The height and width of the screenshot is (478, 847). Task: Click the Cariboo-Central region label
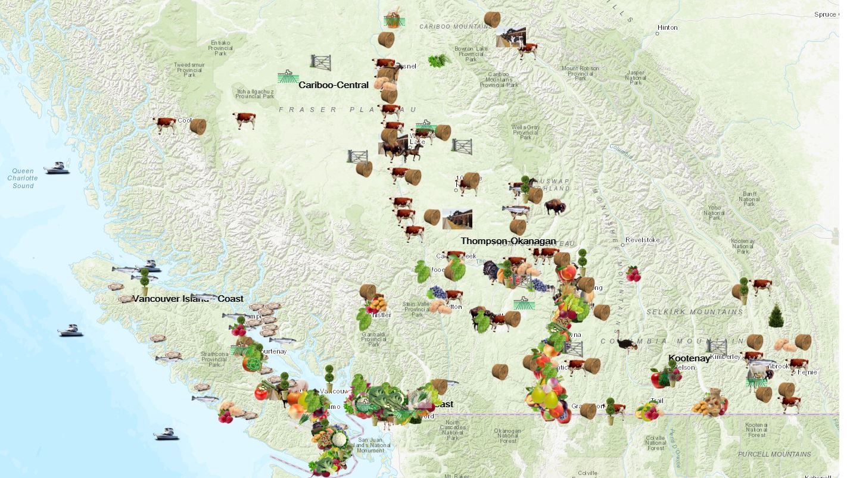(x=333, y=85)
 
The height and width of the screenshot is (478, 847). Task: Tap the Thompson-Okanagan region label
(x=507, y=241)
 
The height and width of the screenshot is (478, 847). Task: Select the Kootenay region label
(x=689, y=358)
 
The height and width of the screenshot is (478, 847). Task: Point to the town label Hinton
(x=667, y=28)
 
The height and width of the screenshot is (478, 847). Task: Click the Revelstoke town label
(x=643, y=240)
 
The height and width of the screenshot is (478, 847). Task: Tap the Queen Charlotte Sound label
(x=23, y=178)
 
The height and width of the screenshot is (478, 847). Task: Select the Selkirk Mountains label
(x=695, y=311)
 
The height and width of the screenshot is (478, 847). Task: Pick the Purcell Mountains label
(x=774, y=454)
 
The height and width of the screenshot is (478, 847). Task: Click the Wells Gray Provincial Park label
(x=525, y=132)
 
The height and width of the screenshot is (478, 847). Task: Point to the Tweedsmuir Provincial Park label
(x=189, y=70)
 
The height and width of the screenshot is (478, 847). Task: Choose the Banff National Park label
(x=749, y=199)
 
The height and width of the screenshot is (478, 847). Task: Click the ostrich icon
(x=626, y=340)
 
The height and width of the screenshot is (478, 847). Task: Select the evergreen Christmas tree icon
(x=775, y=315)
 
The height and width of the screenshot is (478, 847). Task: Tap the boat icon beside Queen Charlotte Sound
(x=57, y=168)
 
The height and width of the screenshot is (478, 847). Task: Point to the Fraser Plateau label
(x=348, y=110)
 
